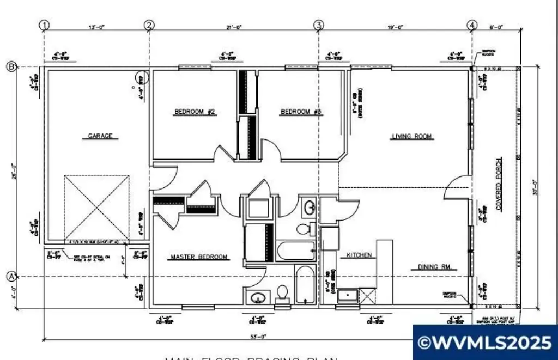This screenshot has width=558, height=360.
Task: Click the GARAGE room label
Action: [100, 136]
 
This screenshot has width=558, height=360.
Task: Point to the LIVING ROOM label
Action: [412, 136]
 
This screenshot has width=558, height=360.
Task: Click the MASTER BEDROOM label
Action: [199, 257]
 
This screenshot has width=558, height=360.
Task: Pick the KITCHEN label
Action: [356, 255]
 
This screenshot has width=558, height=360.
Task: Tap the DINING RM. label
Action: [437, 267]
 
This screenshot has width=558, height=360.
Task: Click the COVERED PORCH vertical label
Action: [498, 185]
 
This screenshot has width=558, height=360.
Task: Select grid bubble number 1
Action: [45, 25]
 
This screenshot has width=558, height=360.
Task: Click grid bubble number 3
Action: [319, 25]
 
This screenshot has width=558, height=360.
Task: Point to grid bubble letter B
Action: [10, 66]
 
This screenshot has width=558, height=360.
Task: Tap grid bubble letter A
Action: [10, 276]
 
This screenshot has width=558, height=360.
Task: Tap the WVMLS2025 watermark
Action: [485, 343]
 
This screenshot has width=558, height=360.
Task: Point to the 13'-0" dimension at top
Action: [96, 26]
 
